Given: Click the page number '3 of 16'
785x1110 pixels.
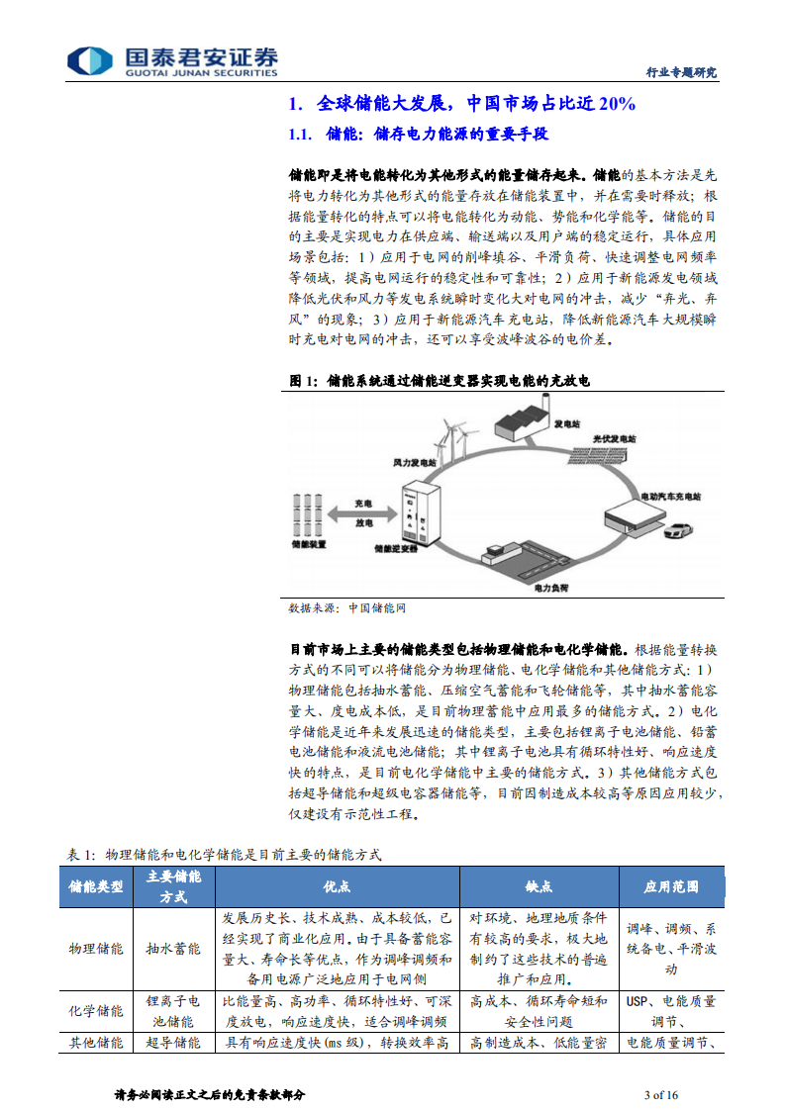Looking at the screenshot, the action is pyautogui.click(x=661, y=1094).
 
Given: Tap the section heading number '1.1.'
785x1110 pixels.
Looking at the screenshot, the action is pyautogui.click(x=300, y=134).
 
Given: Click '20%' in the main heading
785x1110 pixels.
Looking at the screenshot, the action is pyautogui.click(x=615, y=103).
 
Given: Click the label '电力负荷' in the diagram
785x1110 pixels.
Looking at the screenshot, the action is pyautogui.click(x=550, y=588).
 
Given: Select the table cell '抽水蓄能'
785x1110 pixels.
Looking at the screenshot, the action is pyautogui.click(x=173, y=948).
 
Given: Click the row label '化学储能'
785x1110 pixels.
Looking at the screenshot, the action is pyautogui.click(x=96, y=1011).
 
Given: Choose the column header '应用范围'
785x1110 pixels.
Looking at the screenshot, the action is pyautogui.click(x=672, y=886).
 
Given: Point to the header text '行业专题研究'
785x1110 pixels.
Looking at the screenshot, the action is pyautogui.click(x=681, y=72).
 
